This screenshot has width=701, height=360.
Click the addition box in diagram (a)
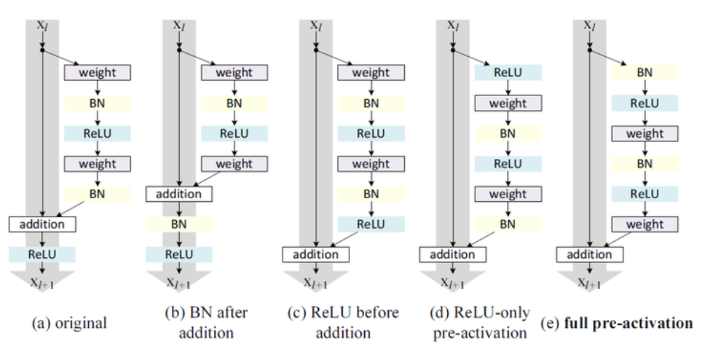42,224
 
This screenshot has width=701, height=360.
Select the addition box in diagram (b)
179,194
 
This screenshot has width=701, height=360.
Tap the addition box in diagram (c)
315,255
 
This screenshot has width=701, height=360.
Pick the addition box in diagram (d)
453,255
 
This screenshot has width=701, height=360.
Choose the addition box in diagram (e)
589,255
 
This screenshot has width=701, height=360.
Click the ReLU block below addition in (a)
42,254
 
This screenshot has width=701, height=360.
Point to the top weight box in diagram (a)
98,73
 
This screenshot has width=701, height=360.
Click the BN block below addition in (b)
179,224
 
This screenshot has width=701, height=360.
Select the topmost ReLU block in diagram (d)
508,73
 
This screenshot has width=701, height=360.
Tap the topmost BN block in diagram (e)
645,73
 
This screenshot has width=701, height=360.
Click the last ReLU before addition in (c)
371,224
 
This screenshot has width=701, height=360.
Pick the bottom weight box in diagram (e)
645,224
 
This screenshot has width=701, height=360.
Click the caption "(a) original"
69,324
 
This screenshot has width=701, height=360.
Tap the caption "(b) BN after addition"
205,322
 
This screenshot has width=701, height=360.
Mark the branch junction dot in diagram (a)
43,50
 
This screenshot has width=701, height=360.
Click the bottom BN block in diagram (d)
508,224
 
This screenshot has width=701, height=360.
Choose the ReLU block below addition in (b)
179,254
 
